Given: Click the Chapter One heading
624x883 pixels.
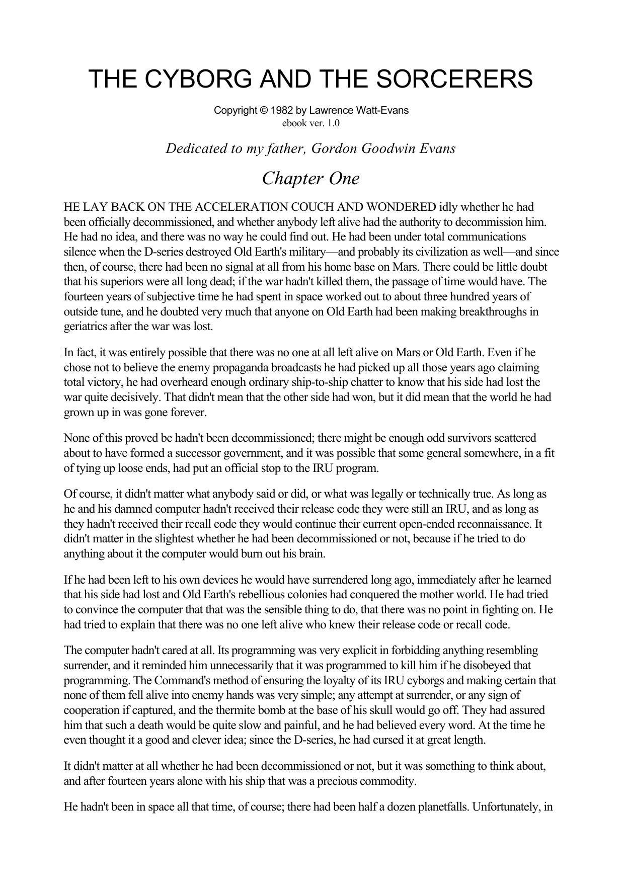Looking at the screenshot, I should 311,178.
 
